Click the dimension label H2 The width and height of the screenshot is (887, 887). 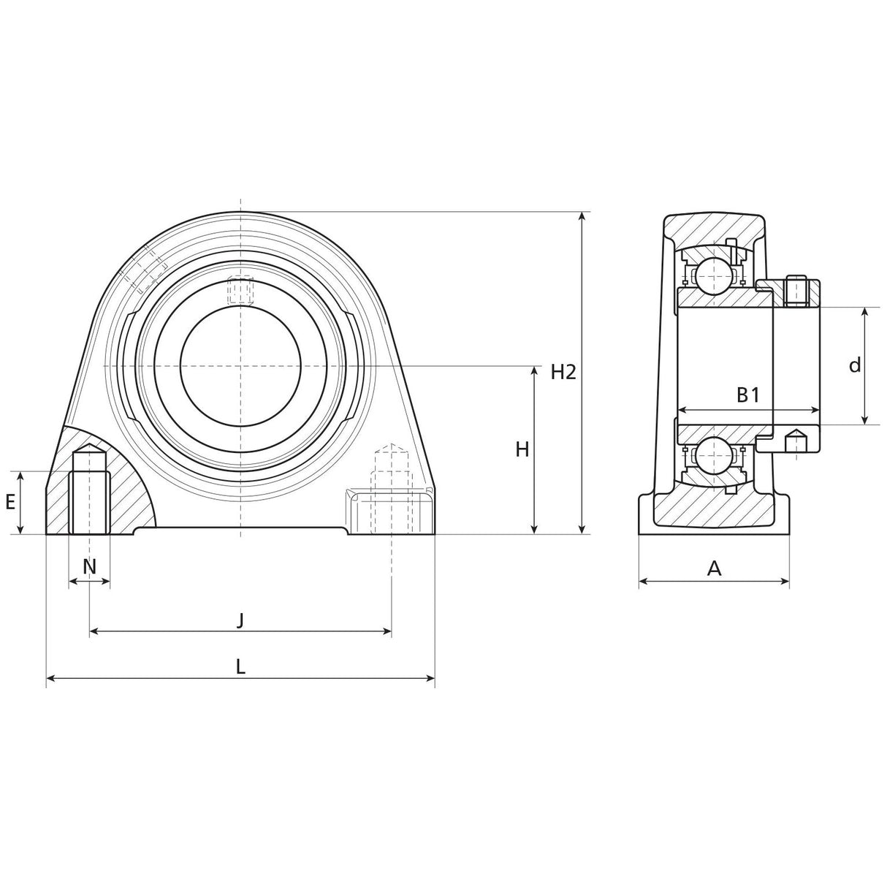tap(563, 373)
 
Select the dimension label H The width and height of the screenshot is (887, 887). tap(522, 450)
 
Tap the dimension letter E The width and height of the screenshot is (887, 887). tap(10, 502)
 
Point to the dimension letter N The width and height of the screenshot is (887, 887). tap(89, 566)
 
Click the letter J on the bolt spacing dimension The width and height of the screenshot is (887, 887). tap(240, 620)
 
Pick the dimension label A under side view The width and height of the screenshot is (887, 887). tap(715, 568)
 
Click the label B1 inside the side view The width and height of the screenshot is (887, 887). tap(747, 395)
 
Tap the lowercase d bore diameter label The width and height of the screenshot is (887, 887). tap(855, 365)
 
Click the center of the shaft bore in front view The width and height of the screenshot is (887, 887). tap(240, 365)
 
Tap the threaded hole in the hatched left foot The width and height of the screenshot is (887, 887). tap(89, 493)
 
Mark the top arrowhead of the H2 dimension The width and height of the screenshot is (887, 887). tap(582, 216)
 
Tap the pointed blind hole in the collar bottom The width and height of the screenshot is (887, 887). tap(795, 442)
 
